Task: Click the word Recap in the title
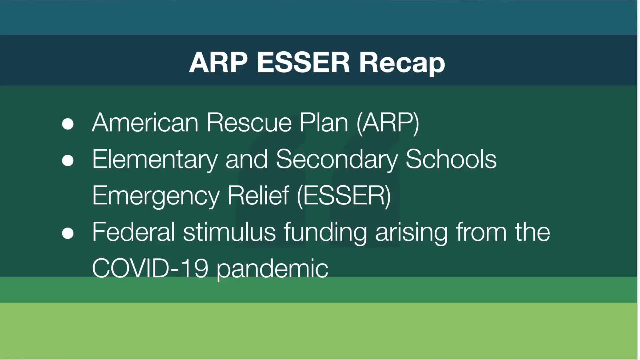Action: click(x=402, y=63)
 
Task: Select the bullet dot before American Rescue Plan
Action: click(x=68, y=124)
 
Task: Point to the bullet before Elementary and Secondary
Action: click(x=68, y=160)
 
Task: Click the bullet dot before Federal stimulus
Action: click(x=68, y=233)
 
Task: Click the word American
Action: click(x=145, y=122)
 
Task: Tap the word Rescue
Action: click(x=249, y=122)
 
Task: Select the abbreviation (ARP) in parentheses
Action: click(x=388, y=123)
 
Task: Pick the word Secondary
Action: click(x=337, y=160)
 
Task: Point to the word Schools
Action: click(x=451, y=159)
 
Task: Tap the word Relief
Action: click(x=258, y=195)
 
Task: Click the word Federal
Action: click(x=134, y=232)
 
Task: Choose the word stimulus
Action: click(x=229, y=232)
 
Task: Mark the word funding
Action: click(x=325, y=233)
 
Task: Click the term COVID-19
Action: click(x=150, y=268)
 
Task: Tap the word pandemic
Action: click(x=272, y=270)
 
